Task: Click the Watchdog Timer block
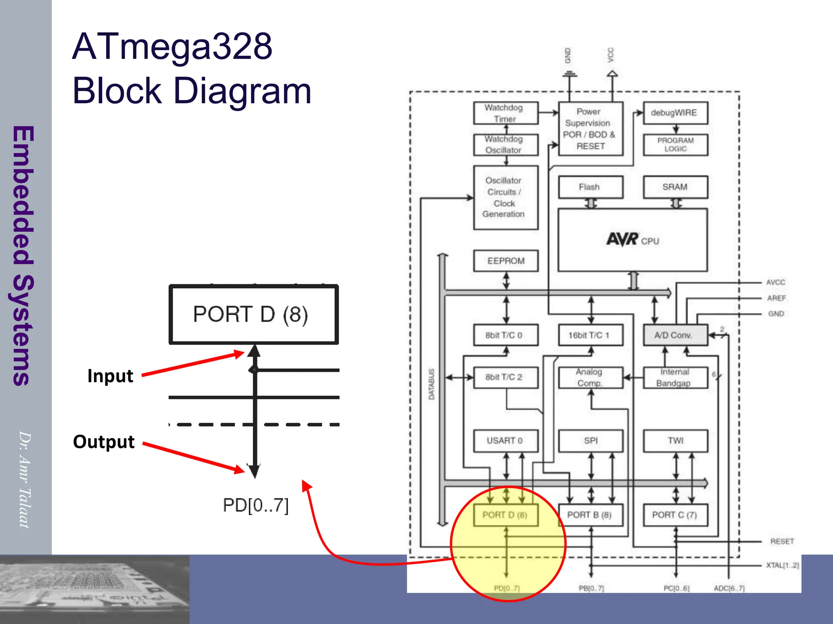coord(506,113)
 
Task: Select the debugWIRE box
coord(675,113)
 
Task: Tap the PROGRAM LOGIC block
coord(675,145)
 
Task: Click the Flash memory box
coord(590,187)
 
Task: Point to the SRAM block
coord(675,187)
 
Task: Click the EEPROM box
coord(506,261)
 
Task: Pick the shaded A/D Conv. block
coord(675,335)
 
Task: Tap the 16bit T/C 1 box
coord(590,335)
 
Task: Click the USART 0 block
coord(506,441)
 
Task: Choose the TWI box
coord(675,441)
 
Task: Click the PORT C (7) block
coord(675,515)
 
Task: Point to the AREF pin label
coord(776,298)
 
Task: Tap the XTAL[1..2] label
coord(782,565)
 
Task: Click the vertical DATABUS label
coord(432,384)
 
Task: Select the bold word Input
coord(110,376)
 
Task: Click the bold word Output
coord(104,442)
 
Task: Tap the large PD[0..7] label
coord(255,505)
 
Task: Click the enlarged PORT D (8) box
coord(254,314)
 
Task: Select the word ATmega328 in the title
coord(172,47)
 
